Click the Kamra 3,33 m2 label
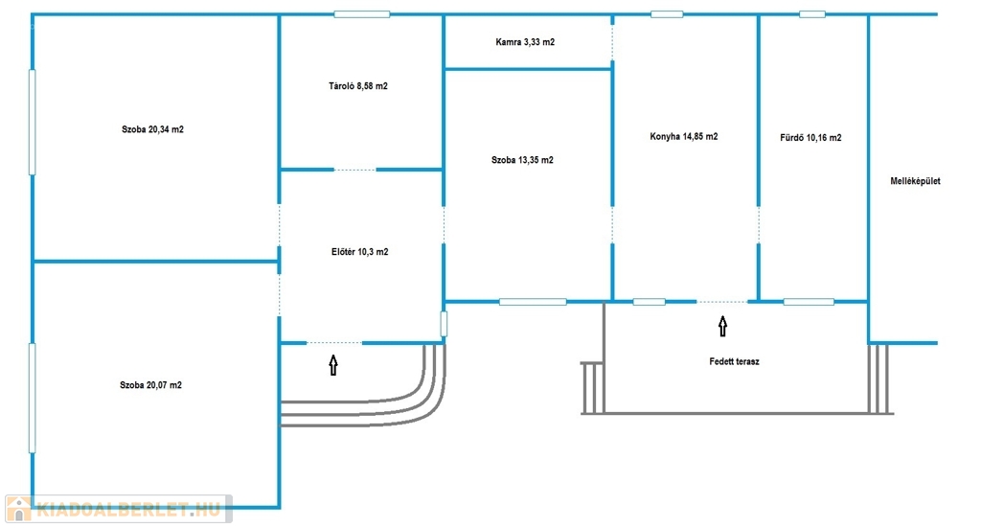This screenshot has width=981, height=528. tap(525, 42)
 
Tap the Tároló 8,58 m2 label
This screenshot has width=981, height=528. tap(358, 85)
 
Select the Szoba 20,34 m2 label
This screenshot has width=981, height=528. tap(152, 129)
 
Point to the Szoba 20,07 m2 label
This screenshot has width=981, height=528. tap(150, 385)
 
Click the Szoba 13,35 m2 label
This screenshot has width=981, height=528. tap(522, 160)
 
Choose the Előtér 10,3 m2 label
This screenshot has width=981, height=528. tap(360, 252)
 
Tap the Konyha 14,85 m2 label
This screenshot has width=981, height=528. tap(684, 136)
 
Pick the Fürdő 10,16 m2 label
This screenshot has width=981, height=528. tap(810, 138)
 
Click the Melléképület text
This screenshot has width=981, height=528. tap(915, 181)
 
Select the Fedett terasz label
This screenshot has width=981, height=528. tap(735, 361)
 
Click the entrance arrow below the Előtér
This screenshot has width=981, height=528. tap(333, 365)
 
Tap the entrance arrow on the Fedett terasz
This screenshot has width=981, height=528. tap(723, 327)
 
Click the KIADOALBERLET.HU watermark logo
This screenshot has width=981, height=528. tap(119, 509)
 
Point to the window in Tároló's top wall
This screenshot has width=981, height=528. tap(361, 14)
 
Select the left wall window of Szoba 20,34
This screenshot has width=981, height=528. tap(32, 122)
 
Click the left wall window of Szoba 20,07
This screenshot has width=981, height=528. tap(32, 398)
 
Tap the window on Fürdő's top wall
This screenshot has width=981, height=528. tap(812, 14)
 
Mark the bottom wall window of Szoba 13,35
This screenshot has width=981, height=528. tap(533, 302)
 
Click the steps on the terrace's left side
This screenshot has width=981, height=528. tap(592, 388)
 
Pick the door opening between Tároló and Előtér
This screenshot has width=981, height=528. tap(355, 170)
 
